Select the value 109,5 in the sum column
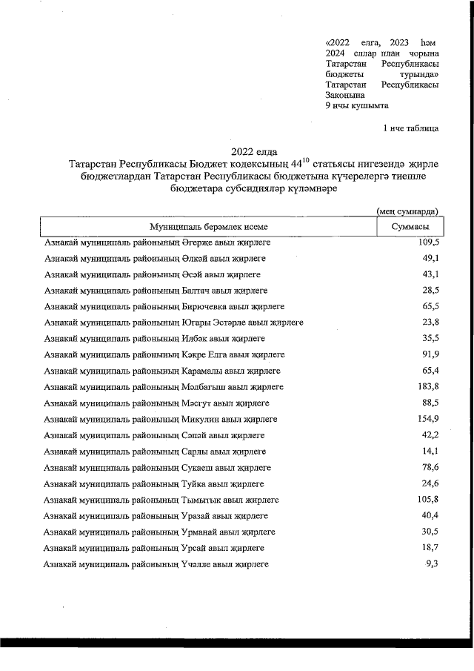(x=429, y=242)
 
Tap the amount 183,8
(x=429, y=387)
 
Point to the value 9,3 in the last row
(x=433, y=565)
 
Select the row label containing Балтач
(x=156, y=291)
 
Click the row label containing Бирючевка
(x=167, y=307)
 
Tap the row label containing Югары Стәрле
(x=173, y=323)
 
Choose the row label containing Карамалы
(x=162, y=371)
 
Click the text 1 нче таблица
(x=410, y=128)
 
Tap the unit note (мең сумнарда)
(x=407, y=211)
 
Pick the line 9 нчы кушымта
(x=357, y=105)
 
